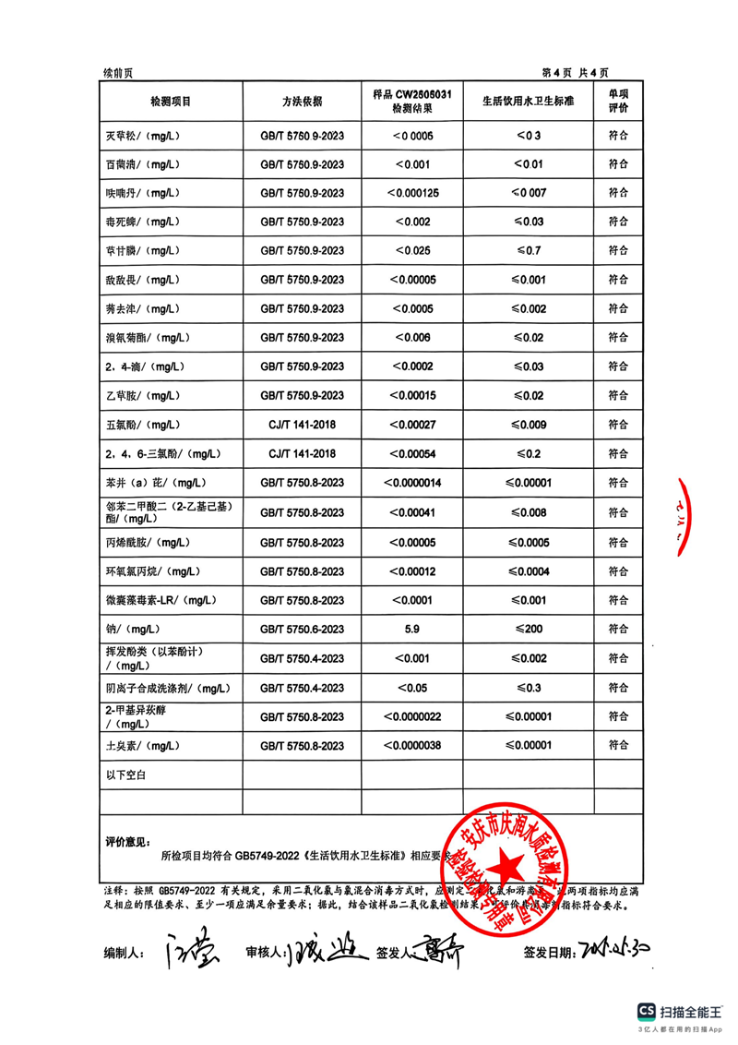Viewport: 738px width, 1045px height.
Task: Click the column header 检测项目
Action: [x=170, y=101]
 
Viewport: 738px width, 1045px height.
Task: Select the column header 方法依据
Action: [x=303, y=101]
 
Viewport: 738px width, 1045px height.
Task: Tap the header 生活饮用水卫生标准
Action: [x=528, y=101]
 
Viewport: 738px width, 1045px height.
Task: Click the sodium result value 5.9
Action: [x=413, y=630]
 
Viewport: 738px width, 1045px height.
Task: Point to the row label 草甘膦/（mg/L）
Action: [x=141, y=251]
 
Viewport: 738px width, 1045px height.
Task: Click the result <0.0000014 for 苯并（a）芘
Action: [x=413, y=483]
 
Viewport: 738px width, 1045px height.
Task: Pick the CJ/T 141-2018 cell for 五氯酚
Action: [x=303, y=425]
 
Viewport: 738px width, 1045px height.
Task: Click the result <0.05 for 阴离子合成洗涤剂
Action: [x=413, y=688]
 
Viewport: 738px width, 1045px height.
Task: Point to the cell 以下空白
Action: [x=127, y=775]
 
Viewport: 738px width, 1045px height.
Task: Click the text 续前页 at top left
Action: [x=118, y=73]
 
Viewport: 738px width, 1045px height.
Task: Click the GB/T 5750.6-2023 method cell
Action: [x=303, y=630]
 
